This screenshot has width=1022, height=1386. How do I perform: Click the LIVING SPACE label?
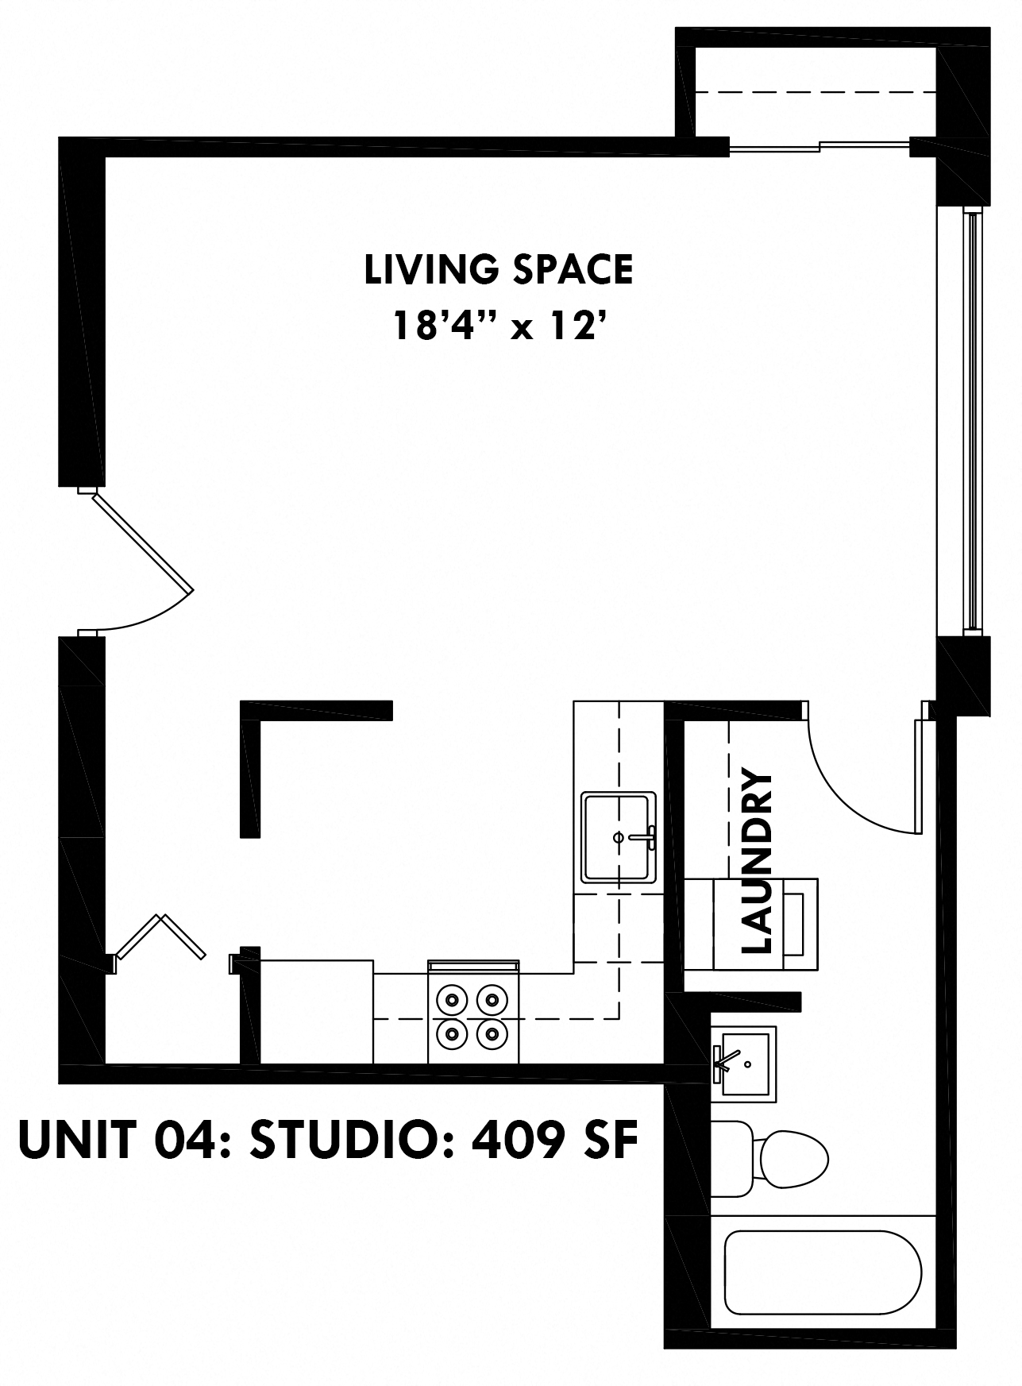coord(499,270)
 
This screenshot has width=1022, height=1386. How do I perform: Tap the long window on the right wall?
coord(969,421)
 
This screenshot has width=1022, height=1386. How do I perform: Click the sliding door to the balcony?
coord(818,146)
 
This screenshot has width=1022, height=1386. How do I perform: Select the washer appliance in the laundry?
coord(750,924)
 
